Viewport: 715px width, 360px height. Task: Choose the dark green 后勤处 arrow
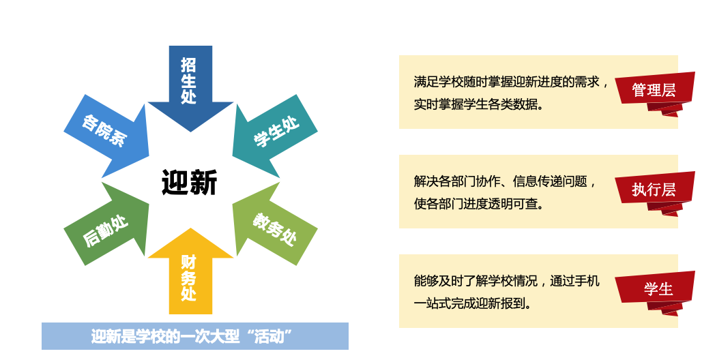(108, 225)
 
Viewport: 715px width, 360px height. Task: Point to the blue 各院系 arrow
(108, 135)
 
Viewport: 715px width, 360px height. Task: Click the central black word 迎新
(190, 182)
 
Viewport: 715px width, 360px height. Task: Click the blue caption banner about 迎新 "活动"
(195, 336)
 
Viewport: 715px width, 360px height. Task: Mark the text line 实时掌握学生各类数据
(479, 104)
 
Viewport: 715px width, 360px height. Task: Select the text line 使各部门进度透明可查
(479, 204)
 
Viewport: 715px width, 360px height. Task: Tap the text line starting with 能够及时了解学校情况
(507, 281)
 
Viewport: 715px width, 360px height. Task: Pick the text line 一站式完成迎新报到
(472, 303)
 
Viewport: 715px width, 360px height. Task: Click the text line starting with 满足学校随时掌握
(511, 82)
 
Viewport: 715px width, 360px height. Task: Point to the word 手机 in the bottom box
(587, 281)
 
